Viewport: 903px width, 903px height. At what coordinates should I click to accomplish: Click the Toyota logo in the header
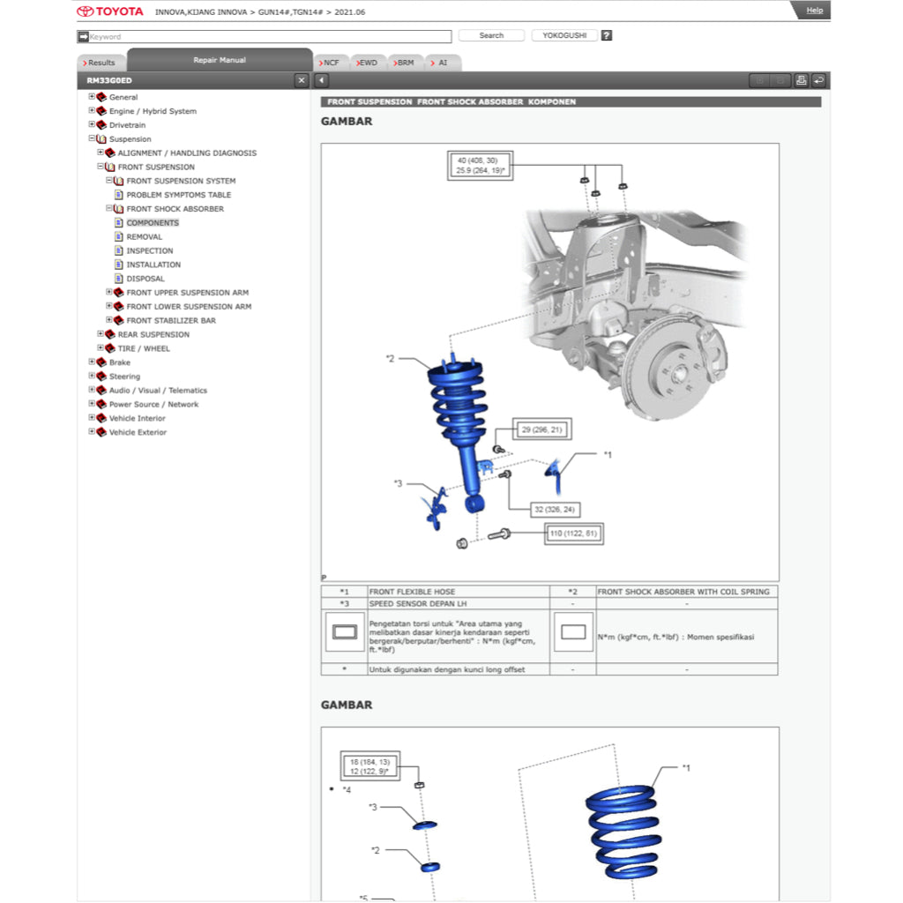pos(109,11)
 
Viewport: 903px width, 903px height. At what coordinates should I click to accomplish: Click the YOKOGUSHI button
pos(564,36)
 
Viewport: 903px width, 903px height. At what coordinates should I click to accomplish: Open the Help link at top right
pos(814,11)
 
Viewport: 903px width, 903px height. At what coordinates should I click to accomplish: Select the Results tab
pos(101,63)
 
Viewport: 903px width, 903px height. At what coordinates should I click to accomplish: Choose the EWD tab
pos(368,63)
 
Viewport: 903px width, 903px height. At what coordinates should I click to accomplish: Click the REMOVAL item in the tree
pos(144,236)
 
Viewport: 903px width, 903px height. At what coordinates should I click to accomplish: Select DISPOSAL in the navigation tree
pos(145,279)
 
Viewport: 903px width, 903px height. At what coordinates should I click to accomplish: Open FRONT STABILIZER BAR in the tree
pos(170,320)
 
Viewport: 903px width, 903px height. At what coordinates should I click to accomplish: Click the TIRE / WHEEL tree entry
pos(144,348)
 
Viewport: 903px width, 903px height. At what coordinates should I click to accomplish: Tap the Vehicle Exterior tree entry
pos(137,432)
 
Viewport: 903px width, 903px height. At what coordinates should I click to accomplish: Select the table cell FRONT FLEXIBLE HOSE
pos(412,592)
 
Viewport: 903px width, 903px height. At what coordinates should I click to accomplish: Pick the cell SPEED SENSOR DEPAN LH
pos(418,603)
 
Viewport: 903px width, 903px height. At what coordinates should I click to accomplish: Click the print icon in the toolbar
pos(801,80)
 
